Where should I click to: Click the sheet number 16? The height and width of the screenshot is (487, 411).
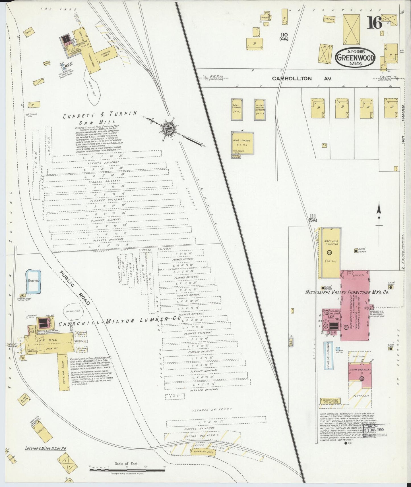(x=374, y=23)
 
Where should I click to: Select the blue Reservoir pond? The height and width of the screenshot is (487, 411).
(x=34, y=281)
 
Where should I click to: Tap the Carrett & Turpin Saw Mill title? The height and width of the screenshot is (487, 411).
(x=100, y=119)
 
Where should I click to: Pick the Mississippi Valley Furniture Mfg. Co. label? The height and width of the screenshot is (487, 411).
(x=347, y=292)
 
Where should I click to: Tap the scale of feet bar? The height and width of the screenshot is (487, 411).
(x=127, y=470)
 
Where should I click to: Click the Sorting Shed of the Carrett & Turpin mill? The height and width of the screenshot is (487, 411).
(x=105, y=54)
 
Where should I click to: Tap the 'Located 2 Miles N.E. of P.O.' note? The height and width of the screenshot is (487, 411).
(x=46, y=448)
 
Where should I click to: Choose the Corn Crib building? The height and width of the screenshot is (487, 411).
(x=329, y=19)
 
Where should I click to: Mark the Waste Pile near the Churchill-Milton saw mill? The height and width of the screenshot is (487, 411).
(x=73, y=311)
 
